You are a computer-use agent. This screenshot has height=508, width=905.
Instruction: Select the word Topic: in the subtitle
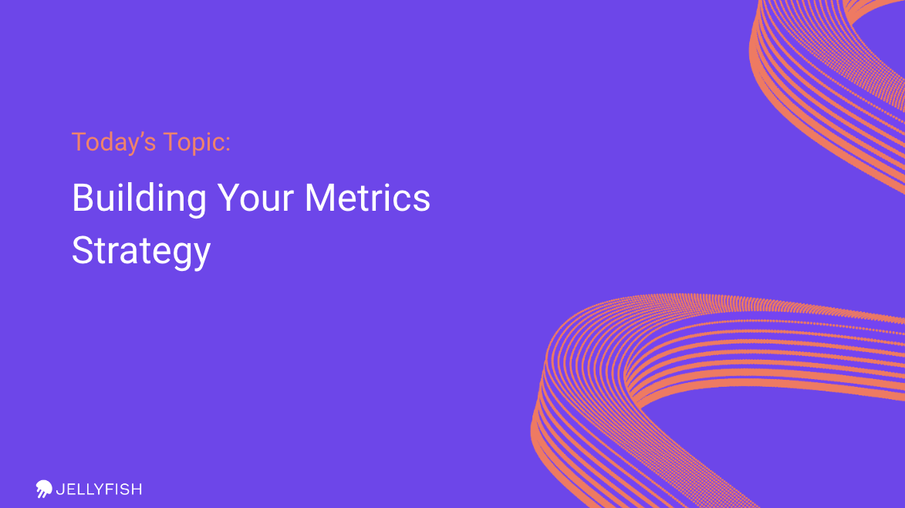coord(198,143)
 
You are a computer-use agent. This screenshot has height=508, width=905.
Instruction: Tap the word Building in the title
coord(139,198)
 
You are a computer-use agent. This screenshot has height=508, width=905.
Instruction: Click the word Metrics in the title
coord(368,198)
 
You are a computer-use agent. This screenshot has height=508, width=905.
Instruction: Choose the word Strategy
coord(141,252)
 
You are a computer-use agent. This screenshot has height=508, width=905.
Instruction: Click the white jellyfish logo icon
coord(44,489)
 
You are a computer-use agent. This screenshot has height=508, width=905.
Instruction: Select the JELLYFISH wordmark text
coord(99,489)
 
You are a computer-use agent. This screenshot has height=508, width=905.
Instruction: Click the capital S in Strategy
coord(83,250)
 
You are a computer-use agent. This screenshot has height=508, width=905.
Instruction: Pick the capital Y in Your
coord(228,198)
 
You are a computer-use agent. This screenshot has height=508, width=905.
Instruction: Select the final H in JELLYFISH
coord(137,489)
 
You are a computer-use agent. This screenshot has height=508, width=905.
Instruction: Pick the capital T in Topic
coord(171,143)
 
